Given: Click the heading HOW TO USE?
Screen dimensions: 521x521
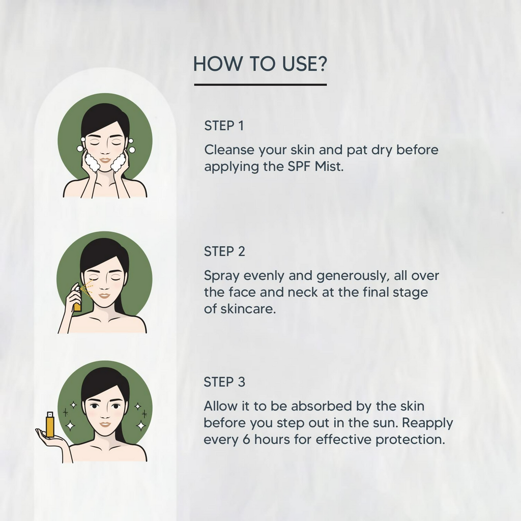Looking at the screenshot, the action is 260,64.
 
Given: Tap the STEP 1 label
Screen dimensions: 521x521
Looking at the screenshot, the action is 224,126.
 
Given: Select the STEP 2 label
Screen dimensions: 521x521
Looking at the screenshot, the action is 224,251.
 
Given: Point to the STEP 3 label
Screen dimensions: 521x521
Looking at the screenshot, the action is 224,382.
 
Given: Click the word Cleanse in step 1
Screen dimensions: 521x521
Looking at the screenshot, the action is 229,150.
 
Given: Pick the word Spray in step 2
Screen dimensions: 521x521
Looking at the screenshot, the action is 221,276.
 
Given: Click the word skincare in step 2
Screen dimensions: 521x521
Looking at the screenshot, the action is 248,309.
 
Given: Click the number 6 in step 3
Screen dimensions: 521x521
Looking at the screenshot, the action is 246,440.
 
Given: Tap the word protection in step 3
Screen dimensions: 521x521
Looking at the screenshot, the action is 410,440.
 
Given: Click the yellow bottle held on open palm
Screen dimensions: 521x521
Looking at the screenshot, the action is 50,424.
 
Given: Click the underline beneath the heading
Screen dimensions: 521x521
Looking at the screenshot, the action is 260,85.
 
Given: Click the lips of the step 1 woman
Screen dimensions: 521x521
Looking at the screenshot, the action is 105,160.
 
